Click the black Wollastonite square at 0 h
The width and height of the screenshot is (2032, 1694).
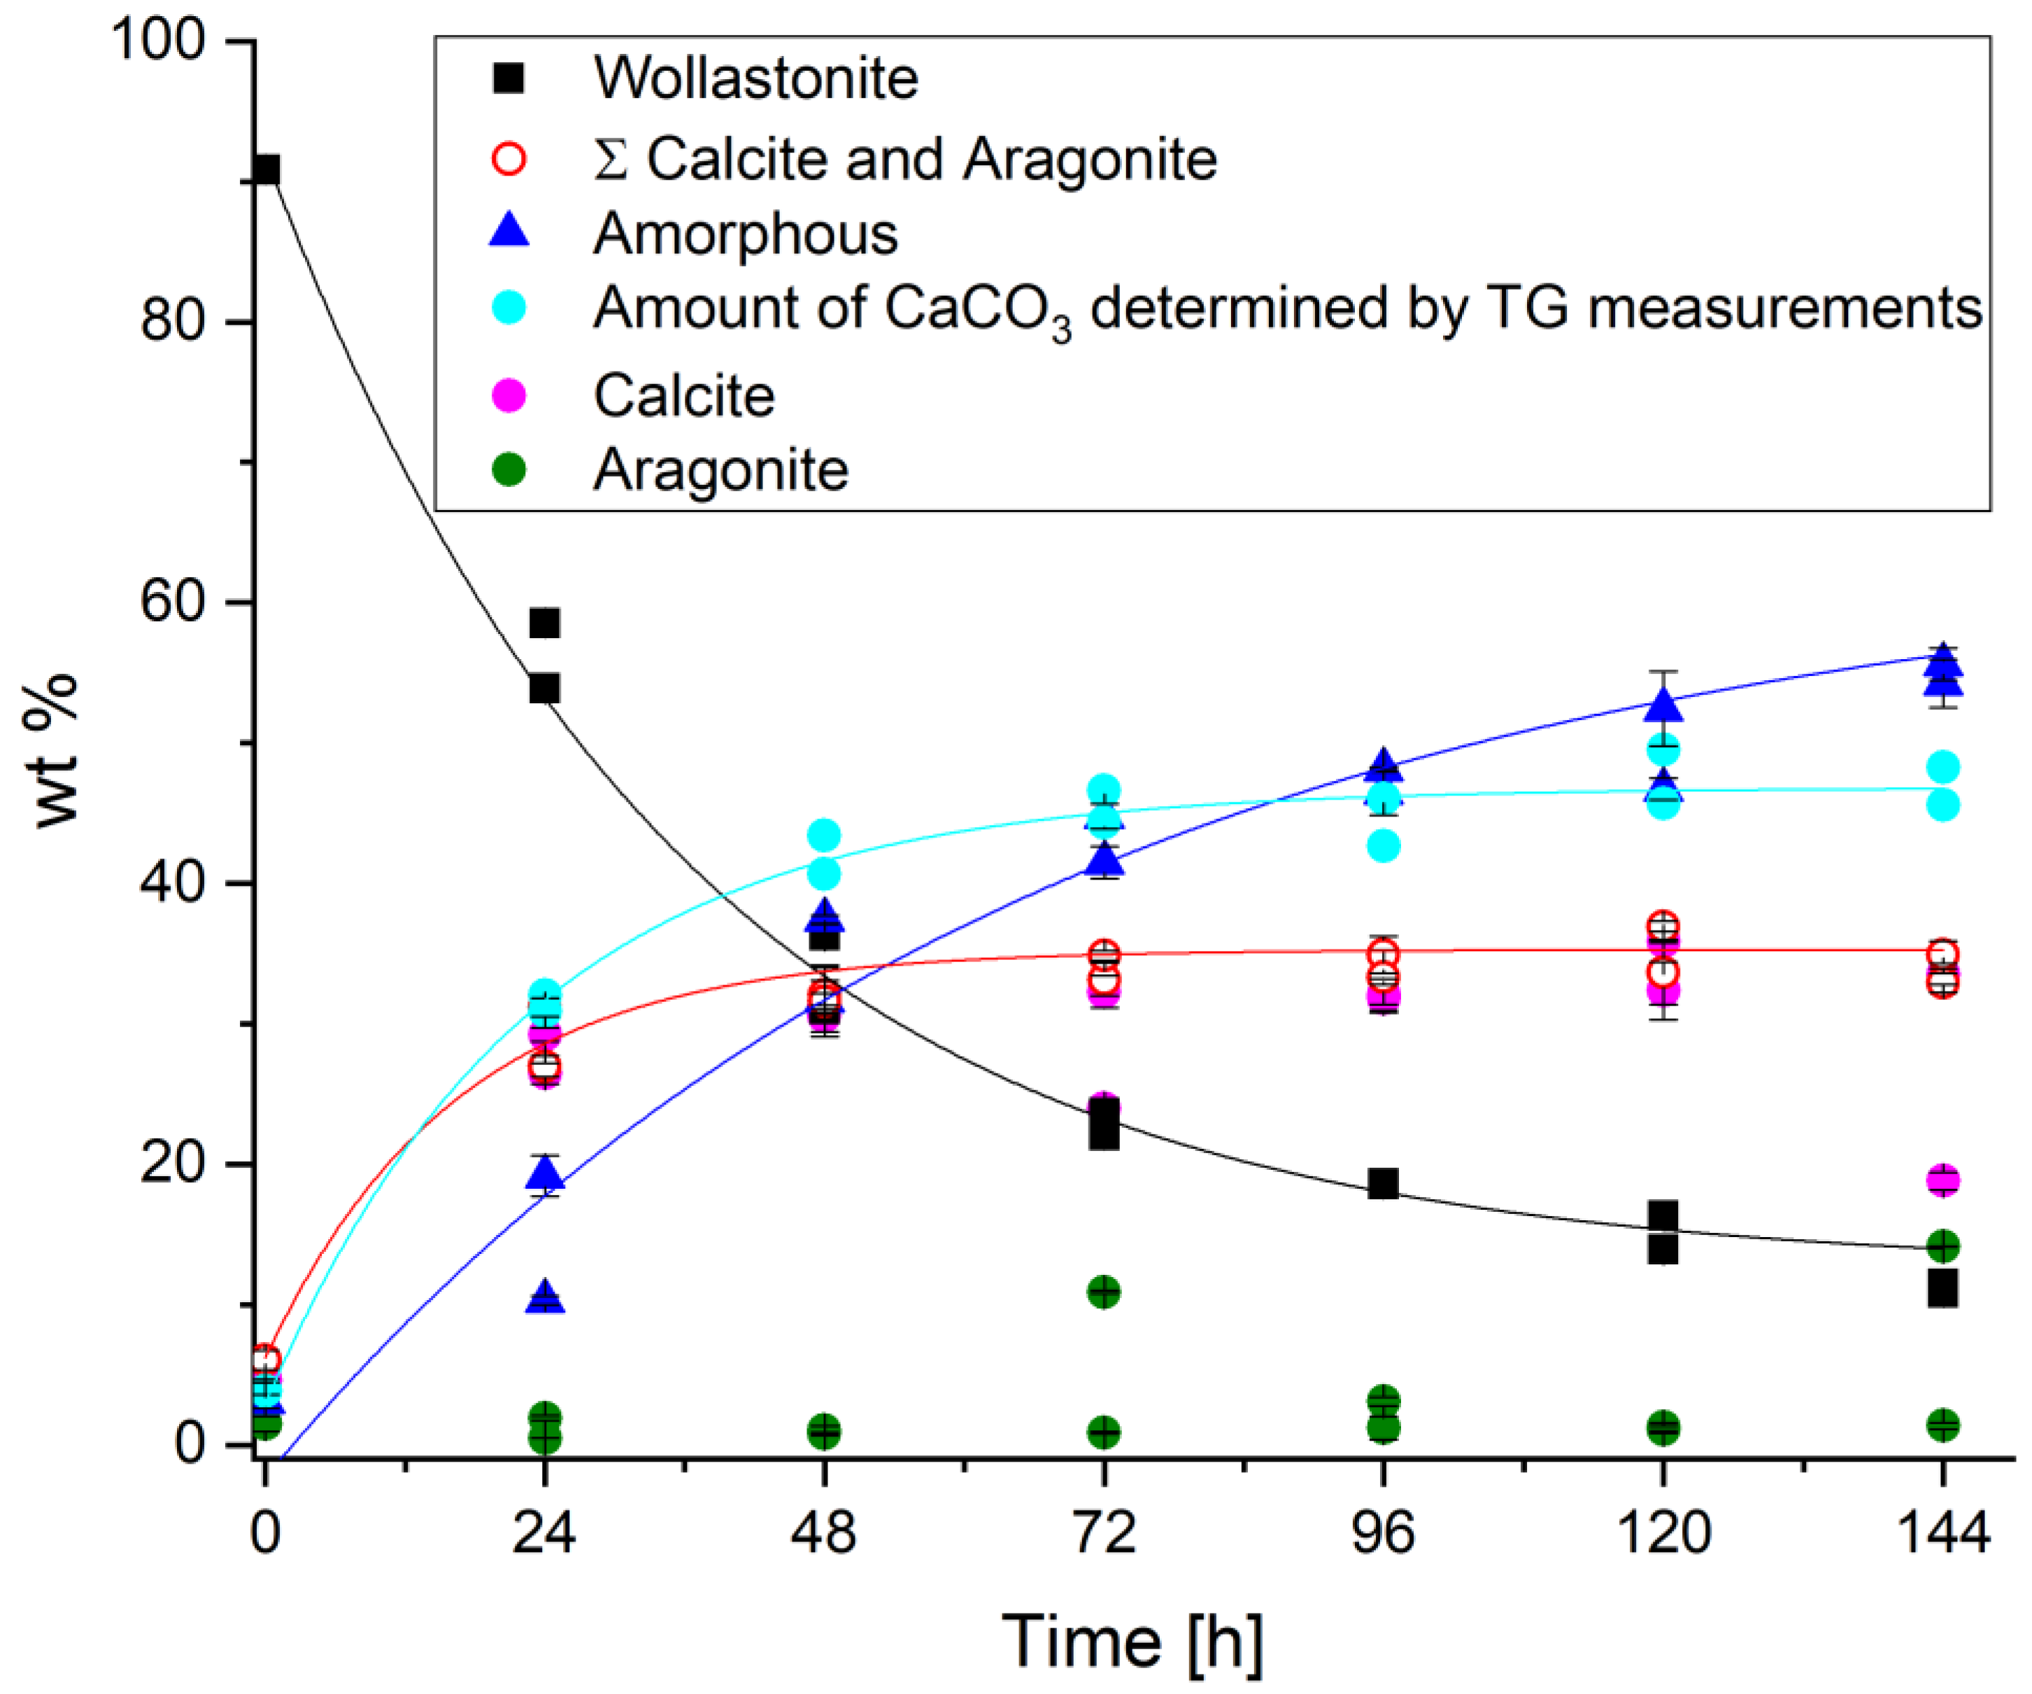pos(265,170)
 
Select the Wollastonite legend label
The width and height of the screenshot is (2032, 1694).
pos(755,78)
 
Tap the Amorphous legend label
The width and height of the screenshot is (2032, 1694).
pos(745,233)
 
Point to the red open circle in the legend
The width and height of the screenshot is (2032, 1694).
pos(509,157)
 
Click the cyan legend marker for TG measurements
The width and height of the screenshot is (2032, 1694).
pos(509,308)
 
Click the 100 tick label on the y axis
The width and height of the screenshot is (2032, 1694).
pos(159,41)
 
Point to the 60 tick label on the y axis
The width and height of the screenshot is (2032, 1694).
pos(172,601)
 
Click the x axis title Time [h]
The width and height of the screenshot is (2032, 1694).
pos(1131,1641)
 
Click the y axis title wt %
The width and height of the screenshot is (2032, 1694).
pos(56,750)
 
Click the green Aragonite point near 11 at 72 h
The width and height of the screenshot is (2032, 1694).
pos(1104,1291)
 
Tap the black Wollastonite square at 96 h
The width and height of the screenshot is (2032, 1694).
pos(1384,1184)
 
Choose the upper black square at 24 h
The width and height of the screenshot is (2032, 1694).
pos(545,623)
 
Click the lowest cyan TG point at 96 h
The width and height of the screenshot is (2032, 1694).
pos(1384,846)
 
